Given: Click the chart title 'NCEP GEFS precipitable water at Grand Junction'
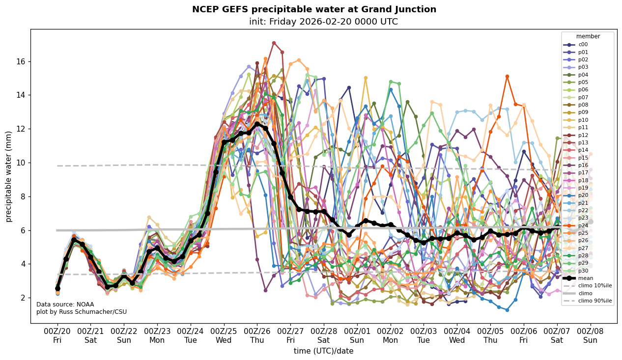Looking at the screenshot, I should click(x=314, y=9).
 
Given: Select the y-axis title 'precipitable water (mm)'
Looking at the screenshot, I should click(x=9, y=176).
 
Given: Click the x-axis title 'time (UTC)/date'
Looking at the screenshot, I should click(x=323, y=351).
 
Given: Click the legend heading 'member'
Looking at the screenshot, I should click(x=588, y=36).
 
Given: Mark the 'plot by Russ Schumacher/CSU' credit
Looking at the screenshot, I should click(x=81, y=312).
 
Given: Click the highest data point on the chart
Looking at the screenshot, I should click(x=274, y=43).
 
